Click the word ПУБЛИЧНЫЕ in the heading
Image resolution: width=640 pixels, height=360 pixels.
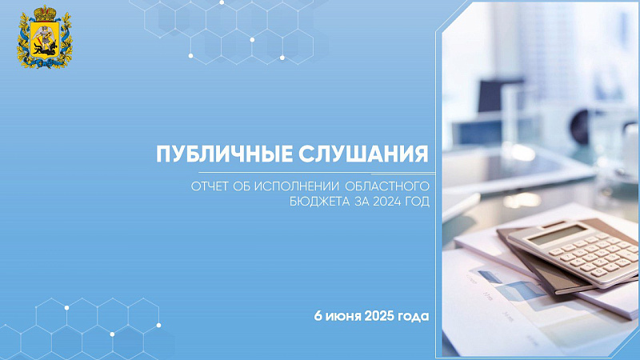225,154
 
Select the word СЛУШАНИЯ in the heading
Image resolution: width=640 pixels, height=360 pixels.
363,154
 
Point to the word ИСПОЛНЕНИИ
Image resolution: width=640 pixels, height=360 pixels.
297,186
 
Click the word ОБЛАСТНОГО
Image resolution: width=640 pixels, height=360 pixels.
387,186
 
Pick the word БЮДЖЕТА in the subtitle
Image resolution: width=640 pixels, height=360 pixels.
319,202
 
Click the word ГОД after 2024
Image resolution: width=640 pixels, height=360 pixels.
417,202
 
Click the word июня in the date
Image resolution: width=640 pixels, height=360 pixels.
343,316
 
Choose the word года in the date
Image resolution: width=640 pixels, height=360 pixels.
414,317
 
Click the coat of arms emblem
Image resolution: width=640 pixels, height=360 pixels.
45,37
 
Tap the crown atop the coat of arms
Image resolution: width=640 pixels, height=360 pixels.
45,13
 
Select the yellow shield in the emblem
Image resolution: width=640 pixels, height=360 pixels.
45,39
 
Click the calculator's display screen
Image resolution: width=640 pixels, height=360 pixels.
558,235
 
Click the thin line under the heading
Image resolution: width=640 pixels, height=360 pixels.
317,173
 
